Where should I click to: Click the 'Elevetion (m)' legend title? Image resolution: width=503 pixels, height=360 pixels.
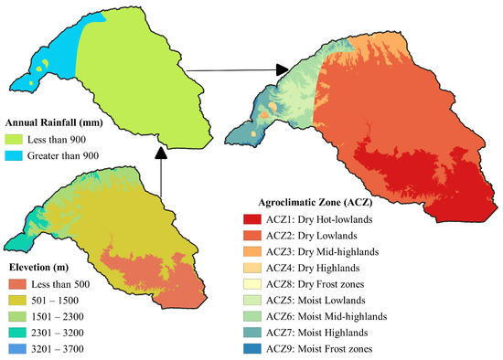44,265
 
